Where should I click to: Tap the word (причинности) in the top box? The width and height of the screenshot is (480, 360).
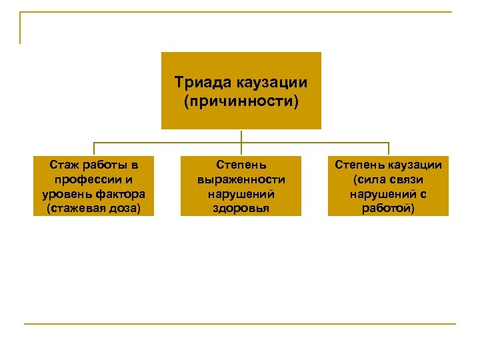241,102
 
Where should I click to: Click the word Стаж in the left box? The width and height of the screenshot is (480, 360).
64,165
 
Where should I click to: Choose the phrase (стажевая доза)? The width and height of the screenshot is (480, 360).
93,209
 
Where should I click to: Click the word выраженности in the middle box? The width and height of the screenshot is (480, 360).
241,179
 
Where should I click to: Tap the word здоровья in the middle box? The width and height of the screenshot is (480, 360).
241,209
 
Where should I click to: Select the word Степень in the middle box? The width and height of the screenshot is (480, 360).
241,165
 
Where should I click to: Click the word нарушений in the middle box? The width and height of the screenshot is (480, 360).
241,194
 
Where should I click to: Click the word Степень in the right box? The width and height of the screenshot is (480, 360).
359,165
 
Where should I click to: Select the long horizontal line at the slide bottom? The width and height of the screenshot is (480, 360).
240,325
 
